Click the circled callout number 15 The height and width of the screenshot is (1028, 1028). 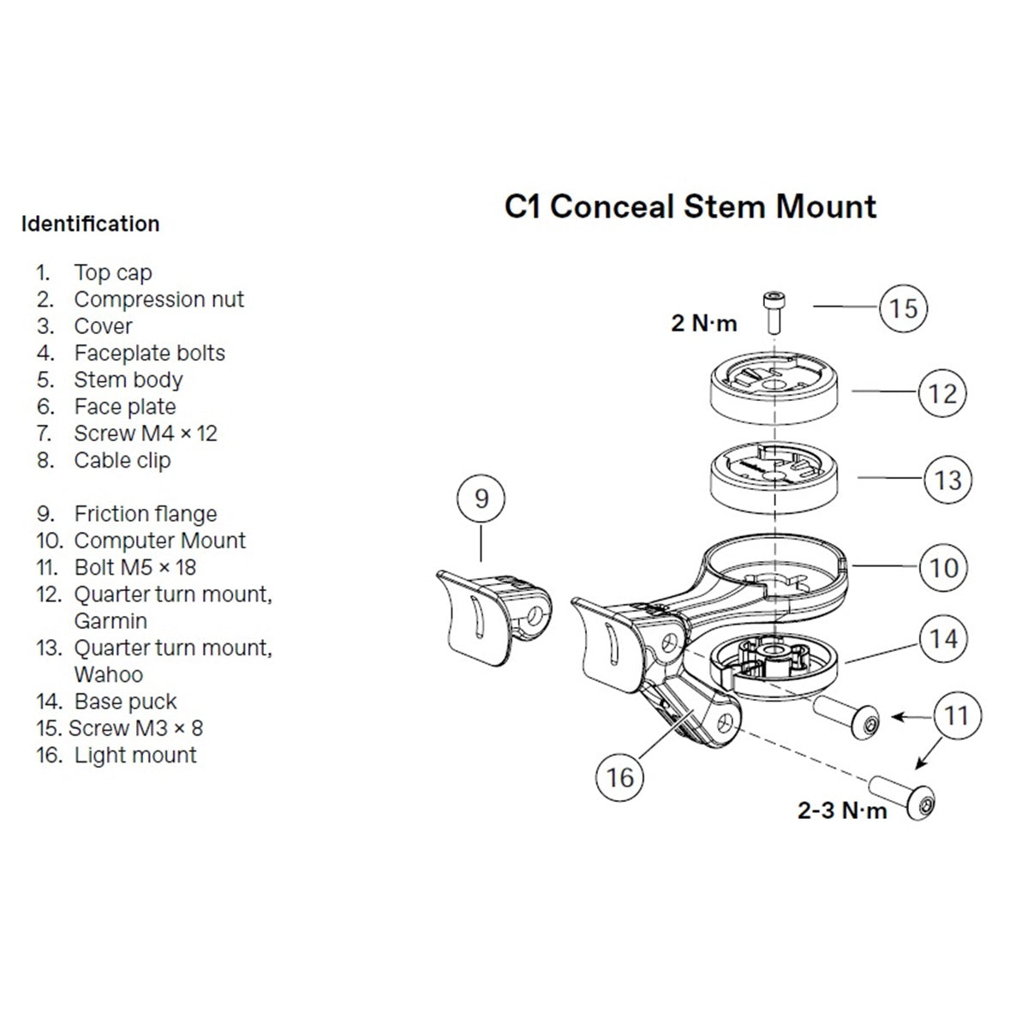point(904,308)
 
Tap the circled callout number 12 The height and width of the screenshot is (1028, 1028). point(941,393)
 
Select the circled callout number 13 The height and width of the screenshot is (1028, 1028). point(948,479)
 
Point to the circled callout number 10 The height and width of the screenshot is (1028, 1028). point(943,566)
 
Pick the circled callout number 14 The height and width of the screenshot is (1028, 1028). point(943,639)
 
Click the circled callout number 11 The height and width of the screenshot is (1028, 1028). point(957,715)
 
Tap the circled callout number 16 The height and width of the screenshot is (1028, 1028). point(619,777)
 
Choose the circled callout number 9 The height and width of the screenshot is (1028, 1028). point(481,498)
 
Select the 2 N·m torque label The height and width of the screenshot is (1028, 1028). point(703,324)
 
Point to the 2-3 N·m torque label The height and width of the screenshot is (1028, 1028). point(842,810)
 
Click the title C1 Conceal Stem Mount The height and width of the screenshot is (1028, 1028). point(690,207)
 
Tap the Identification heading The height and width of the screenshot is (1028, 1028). point(91,224)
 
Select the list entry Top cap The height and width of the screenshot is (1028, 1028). point(112,272)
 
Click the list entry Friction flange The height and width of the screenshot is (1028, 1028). point(145,514)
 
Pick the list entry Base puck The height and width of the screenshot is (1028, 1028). point(125,702)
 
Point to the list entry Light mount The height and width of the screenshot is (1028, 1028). point(135,755)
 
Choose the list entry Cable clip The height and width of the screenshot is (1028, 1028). point(122,460)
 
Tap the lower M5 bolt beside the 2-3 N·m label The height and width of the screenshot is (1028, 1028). point(902,794)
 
